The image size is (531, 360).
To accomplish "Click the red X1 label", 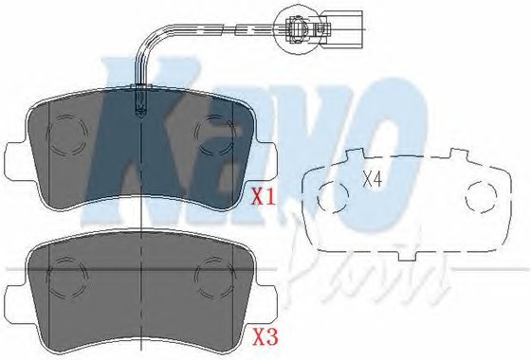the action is tap(264, 197).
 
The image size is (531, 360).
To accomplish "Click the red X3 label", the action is tap(265, 337).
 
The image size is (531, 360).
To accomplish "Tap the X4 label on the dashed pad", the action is tap(372, 179).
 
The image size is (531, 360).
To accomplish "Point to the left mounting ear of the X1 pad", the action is tap(18, 159).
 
